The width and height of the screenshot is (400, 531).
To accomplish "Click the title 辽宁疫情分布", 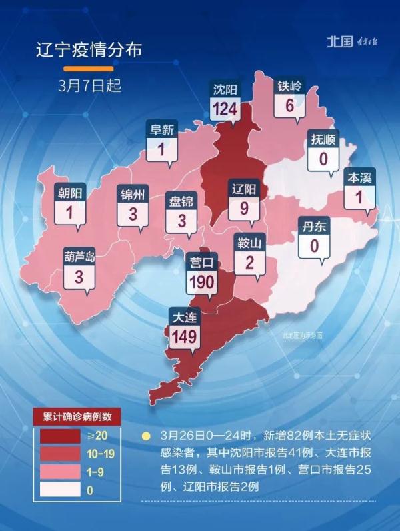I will pyautogui.click(x=89, y=50).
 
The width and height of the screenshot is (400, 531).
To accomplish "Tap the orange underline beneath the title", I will pyautogui.click(x=89, y=69).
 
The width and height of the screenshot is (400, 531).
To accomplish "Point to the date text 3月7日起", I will pyautogui.click(x=89, y=86).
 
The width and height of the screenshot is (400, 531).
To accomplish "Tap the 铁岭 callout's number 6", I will pyautogui.click(x=289, y=105).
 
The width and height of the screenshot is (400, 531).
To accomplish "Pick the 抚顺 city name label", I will pyautogui.click(x=324, y=140).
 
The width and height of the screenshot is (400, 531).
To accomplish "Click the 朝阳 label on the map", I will pyautogui.click(x=71, y=193).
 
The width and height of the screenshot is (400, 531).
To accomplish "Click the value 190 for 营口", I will pyautogui.click(x=201, y=282).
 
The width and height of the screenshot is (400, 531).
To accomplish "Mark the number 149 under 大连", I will pyautogui.click(x=183, y=336).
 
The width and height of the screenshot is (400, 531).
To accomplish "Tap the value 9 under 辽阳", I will pyautogui.click(x=243, y=207).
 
